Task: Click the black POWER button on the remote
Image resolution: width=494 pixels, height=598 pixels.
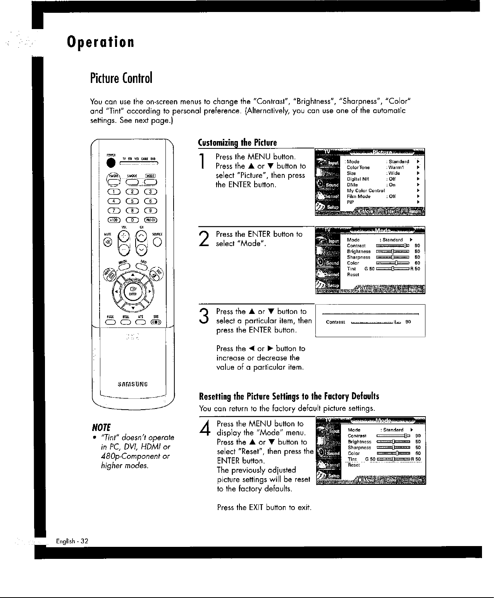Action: tap(111, 163)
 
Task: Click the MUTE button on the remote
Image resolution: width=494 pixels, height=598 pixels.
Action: tap(106, 242)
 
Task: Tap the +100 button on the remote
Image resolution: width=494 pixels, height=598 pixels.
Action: tap(111, 221)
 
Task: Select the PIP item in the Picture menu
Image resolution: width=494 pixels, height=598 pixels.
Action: tap(350, 202)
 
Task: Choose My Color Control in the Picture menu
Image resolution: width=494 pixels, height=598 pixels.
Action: tap(365, 190)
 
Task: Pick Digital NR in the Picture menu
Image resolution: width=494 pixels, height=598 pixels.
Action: tap(358, 179)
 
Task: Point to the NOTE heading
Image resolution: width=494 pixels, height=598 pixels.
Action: tap(100, 427)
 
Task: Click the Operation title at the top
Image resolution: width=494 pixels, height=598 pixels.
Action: tap(100, 42)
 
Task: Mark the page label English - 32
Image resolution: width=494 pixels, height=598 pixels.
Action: tap(72, 541)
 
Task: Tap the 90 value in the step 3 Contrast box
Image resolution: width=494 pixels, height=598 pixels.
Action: tap(408, 322)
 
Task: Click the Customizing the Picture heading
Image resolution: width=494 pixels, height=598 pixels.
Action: tap(238, 143)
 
